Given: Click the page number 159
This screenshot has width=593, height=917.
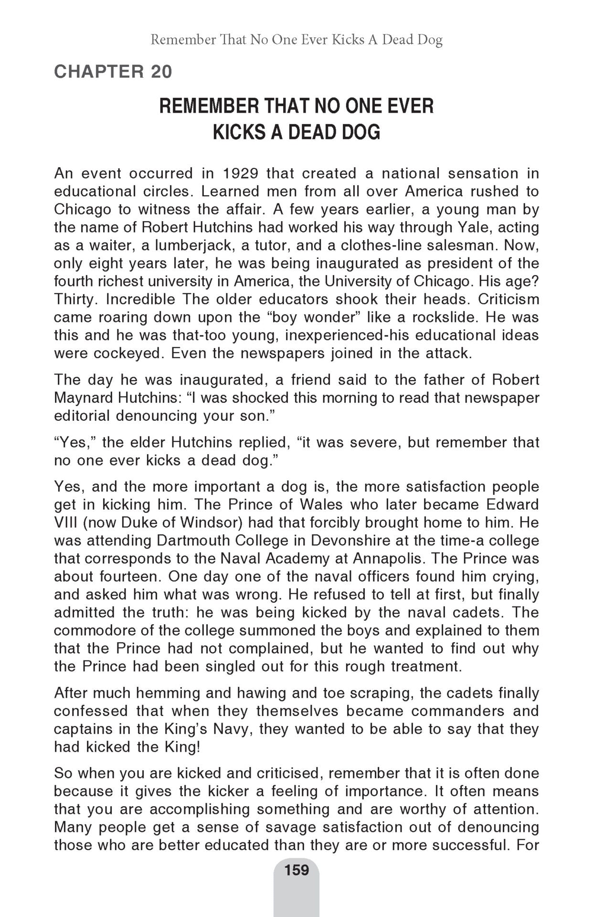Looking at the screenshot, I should (296, 870).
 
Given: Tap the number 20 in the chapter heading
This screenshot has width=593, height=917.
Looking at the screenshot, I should (161, 72).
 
